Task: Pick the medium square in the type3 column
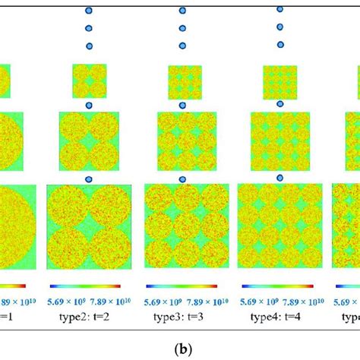(x=182, y=139)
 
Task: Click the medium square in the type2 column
(x=90, y=140)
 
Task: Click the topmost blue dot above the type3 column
(x=182, y=11)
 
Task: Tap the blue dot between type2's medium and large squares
(x=89, y=179)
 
